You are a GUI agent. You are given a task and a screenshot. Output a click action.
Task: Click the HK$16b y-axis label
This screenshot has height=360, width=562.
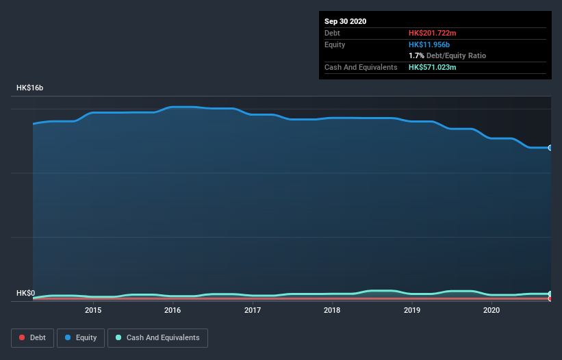[x=30, y=88]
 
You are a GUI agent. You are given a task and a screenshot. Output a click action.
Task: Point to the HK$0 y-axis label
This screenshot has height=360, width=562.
[x=26, y=294]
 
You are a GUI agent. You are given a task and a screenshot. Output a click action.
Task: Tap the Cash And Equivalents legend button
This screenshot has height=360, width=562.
[x=157, y=337]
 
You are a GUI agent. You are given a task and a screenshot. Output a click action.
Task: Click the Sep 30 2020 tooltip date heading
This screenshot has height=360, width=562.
[x=346, y=21]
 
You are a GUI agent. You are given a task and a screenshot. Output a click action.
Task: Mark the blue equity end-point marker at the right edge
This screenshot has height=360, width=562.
[x=550, y=148]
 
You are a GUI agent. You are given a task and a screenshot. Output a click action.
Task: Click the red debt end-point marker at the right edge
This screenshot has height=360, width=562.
[x=550, y=298]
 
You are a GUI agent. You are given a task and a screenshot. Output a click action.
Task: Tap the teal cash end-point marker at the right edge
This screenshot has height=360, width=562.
[x=550, y=294]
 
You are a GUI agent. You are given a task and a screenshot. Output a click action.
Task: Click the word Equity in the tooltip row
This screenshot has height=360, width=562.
[x=336, y=44]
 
